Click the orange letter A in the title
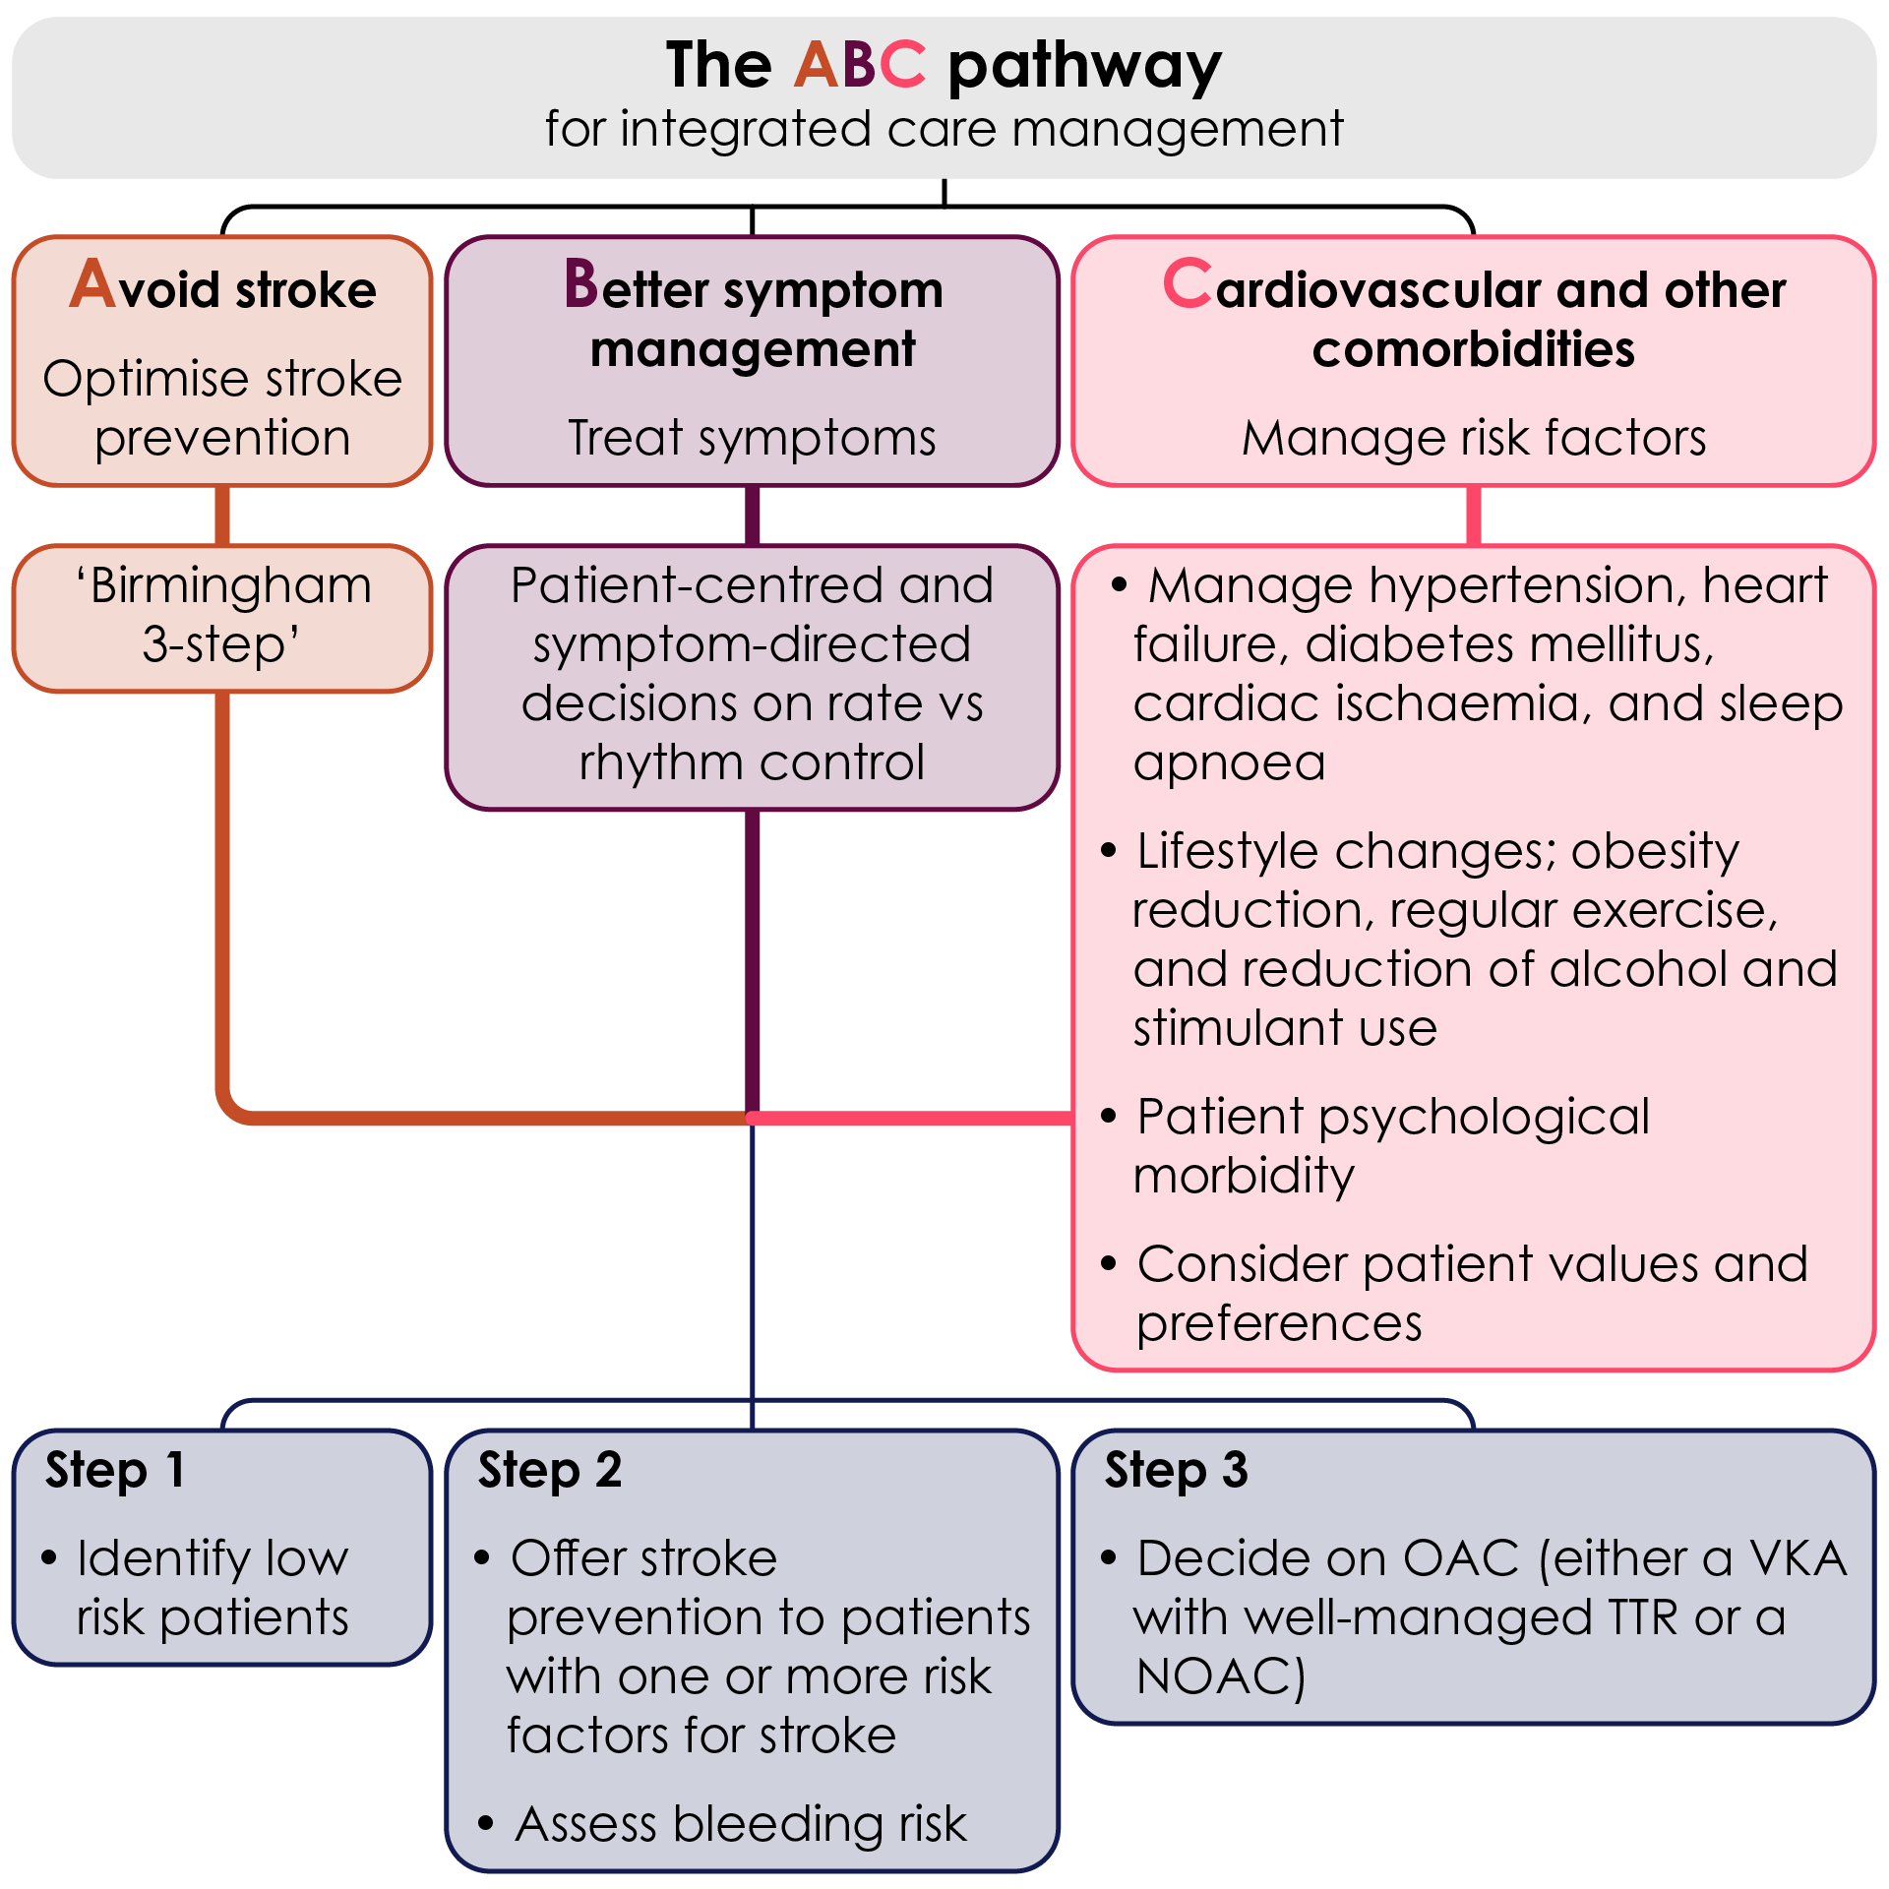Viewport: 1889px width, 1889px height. coord(816,65)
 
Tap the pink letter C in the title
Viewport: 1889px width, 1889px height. coord(902,65)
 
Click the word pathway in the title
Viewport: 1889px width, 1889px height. coord(1084,67)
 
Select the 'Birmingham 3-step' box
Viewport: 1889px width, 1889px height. coord(222,617)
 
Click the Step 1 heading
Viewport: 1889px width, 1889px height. coord(115,1471)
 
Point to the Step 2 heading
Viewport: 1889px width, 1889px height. coord(550,1471)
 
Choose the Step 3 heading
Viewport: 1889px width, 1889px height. coord(1177,1471)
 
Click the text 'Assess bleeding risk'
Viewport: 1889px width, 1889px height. coord(741,1823)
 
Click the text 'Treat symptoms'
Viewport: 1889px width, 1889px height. coord(752,437)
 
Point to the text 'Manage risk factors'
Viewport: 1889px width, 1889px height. coord(1473,437)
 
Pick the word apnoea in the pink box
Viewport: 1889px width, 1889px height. coord(1229,762)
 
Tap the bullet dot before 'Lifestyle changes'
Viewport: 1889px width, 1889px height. coord(1109,850)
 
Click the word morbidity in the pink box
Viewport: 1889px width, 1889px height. coord(1244,1176)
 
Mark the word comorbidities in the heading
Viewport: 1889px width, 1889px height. coord(1473,349)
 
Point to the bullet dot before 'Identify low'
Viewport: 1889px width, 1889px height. coord(49,1557)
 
